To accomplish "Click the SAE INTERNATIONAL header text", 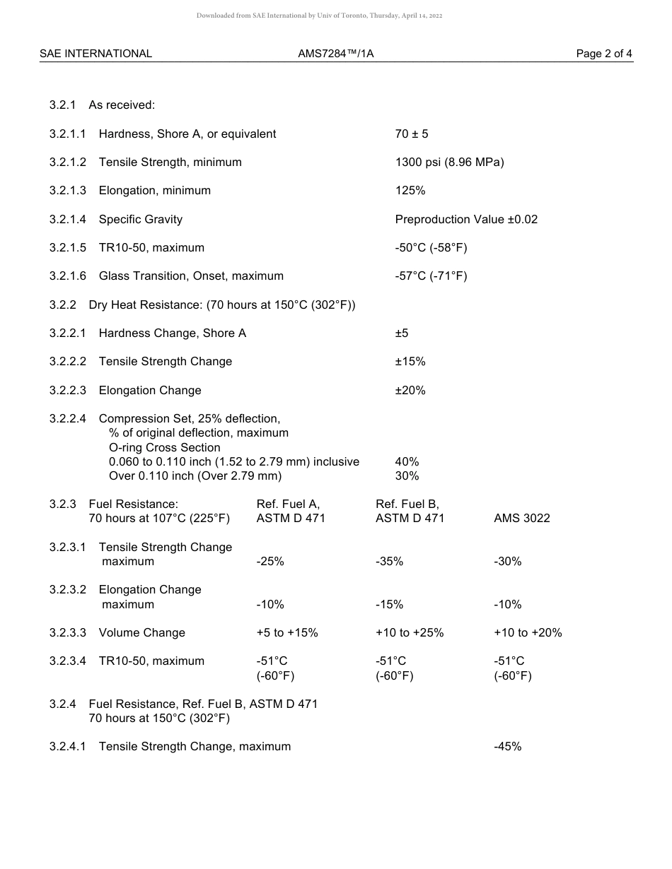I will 95,54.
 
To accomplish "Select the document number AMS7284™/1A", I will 336,54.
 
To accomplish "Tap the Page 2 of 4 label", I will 604,54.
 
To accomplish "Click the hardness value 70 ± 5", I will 412,134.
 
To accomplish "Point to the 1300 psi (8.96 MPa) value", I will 449,162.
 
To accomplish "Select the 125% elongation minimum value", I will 410,191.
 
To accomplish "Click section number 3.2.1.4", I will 68,219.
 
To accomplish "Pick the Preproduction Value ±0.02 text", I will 466,219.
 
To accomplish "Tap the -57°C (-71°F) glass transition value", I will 431,276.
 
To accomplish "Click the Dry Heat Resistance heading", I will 221,305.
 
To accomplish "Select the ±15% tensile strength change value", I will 410,362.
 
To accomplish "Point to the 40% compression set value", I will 407,461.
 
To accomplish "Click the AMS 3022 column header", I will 521,519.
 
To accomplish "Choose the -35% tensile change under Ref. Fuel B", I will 389,562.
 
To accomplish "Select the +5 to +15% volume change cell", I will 287,633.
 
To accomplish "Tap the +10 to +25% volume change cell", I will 410,633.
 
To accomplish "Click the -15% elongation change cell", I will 389,605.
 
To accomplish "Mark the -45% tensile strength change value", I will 507,747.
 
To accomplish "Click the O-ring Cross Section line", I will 164,447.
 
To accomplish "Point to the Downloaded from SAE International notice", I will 319,16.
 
